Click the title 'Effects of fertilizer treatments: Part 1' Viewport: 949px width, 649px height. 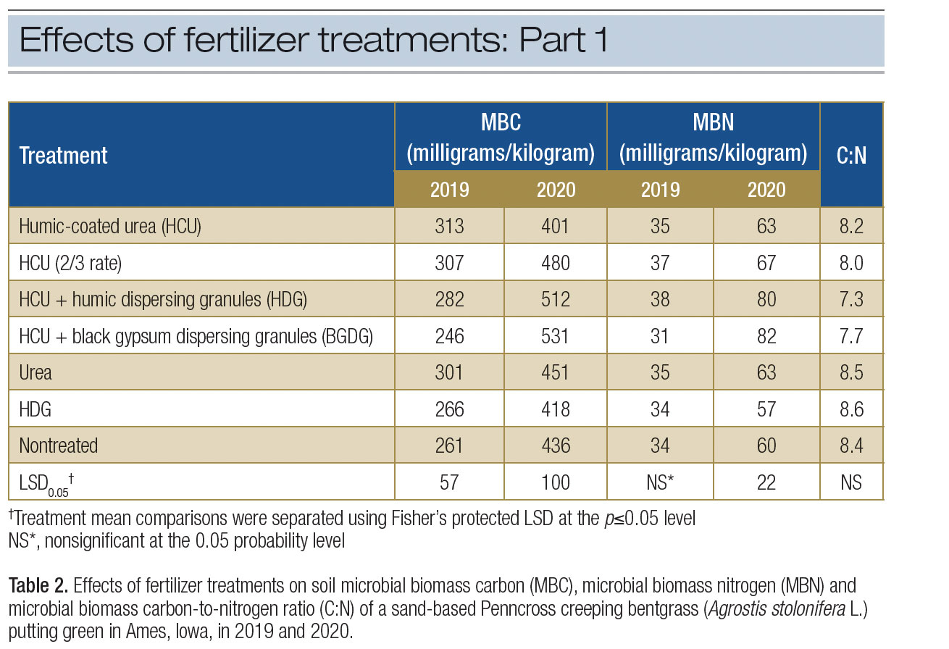click(313, 41)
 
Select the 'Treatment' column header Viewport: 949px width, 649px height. click(63, 155)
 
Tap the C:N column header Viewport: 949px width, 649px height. click(851, 155)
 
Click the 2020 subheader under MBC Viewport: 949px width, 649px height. click(556, 190)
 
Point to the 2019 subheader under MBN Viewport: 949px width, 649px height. click(660, 190)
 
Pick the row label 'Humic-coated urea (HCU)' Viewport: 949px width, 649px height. click(110, 226)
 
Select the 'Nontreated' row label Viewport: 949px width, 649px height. click(59, 445)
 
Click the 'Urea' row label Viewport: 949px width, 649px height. click(36, 372)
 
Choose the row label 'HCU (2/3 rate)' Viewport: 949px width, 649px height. click(70, 262)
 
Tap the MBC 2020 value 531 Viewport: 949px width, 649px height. click(556, 336)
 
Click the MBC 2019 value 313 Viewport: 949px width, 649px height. click(449, 226)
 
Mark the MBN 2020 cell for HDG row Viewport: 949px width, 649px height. click(766, 409)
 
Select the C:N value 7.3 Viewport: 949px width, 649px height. click(851, 299)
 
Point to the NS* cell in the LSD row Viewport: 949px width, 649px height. click(660, 482)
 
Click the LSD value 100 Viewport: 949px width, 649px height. click(556, 482)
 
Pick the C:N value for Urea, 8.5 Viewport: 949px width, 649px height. click(851, 372)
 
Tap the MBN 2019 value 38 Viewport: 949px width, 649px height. click(660, 299)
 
